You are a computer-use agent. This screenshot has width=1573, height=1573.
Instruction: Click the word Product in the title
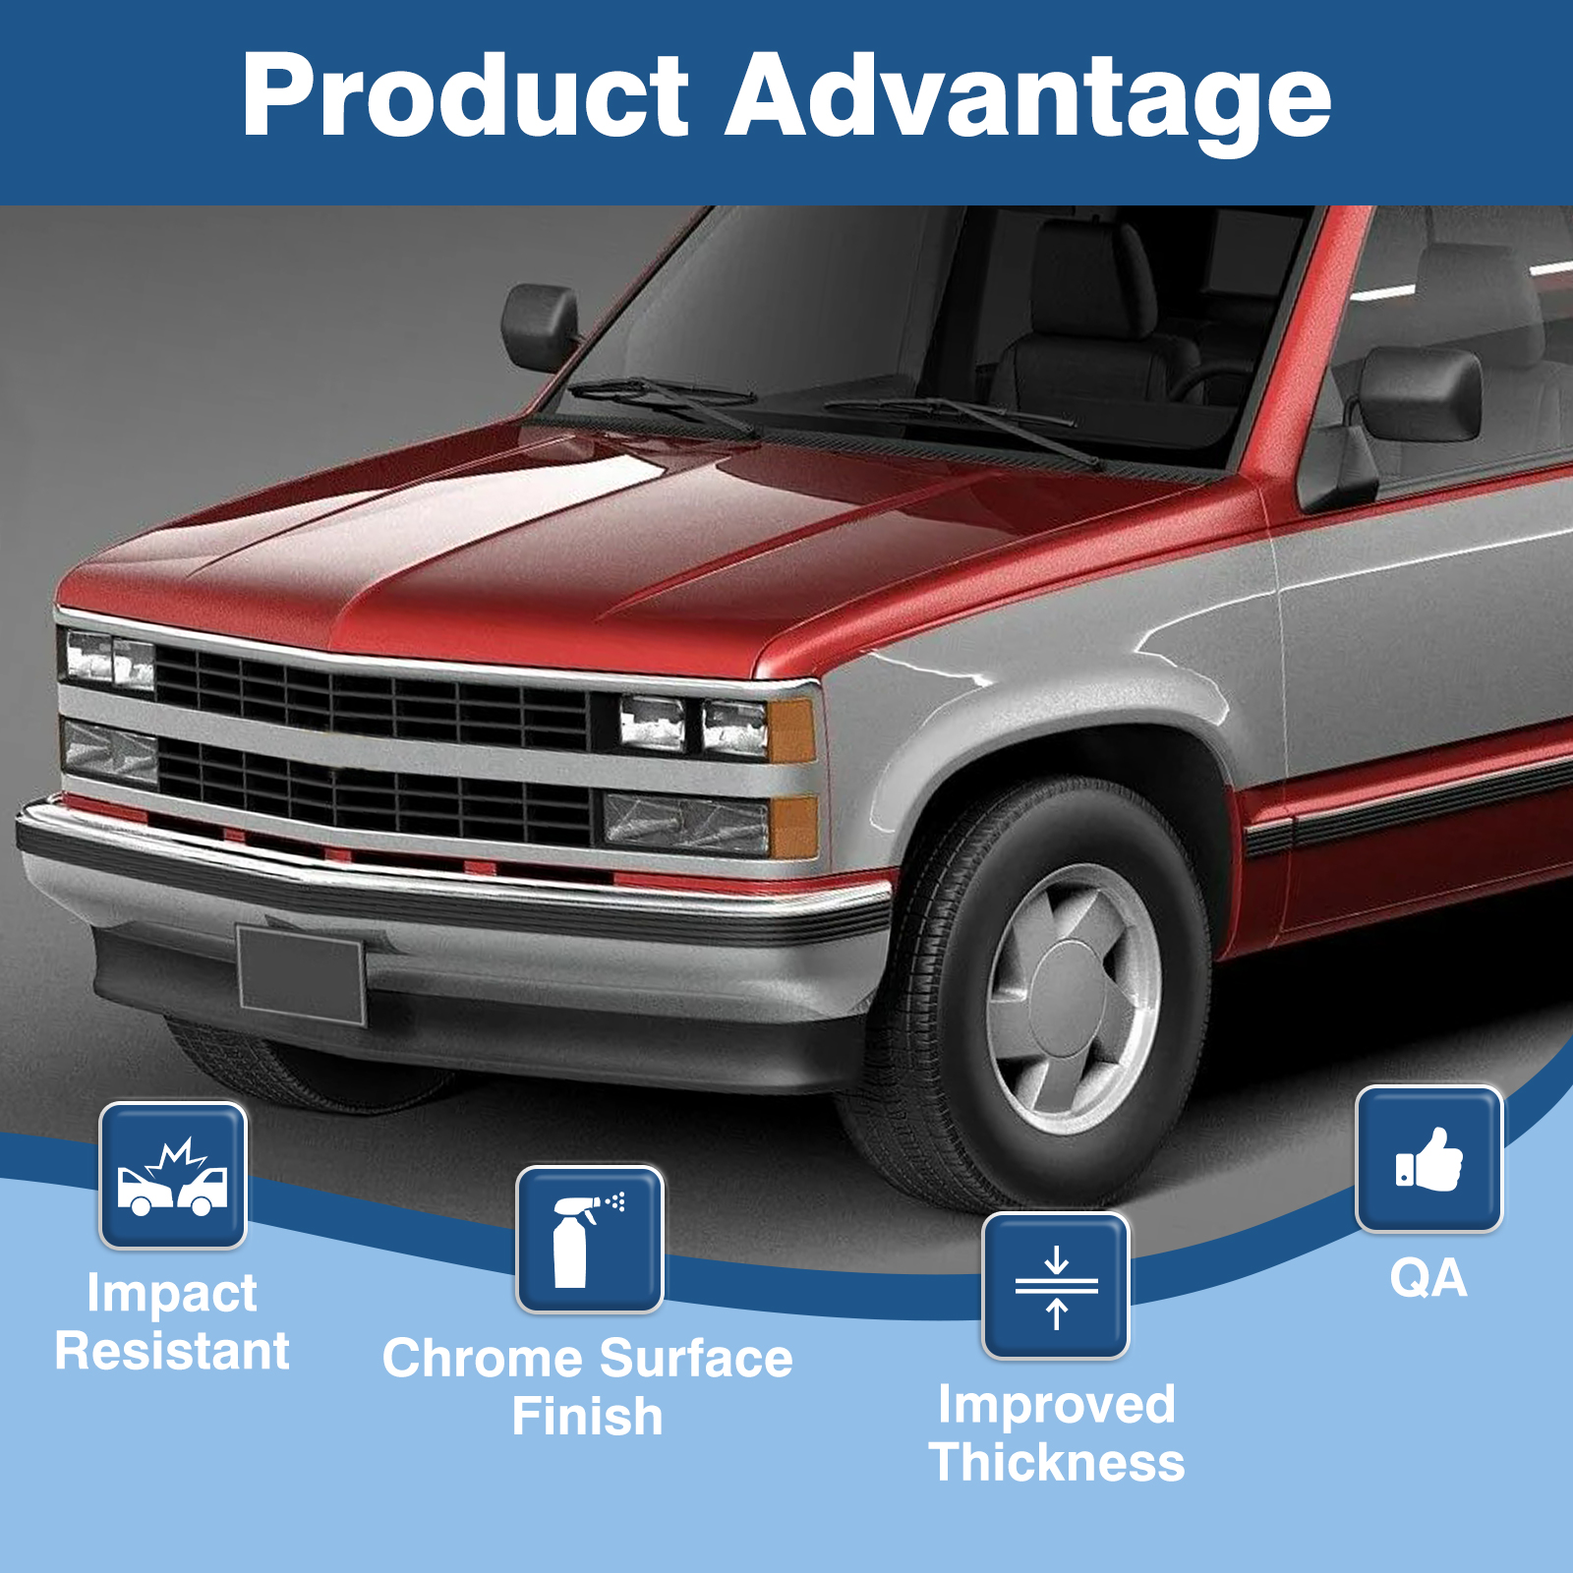tap(466, 95)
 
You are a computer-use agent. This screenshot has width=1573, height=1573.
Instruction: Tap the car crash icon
tap(173, 1176)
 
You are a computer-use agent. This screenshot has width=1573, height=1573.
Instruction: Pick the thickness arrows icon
tap(1056, 1286)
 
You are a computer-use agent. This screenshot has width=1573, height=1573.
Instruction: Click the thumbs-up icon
tap(1429, 1159)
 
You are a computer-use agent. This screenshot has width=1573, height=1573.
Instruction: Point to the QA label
tap(1428, 1279)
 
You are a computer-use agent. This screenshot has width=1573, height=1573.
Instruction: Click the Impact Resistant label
tap(172, 1322)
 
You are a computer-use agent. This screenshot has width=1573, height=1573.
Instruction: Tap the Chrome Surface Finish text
tap(588, 1387)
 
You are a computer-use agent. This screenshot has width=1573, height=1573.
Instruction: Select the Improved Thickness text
tap(1057, 1433)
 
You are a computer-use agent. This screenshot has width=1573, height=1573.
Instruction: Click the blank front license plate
tap(301, 975)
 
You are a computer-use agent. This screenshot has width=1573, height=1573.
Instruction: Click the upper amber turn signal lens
tap(791, 730)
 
